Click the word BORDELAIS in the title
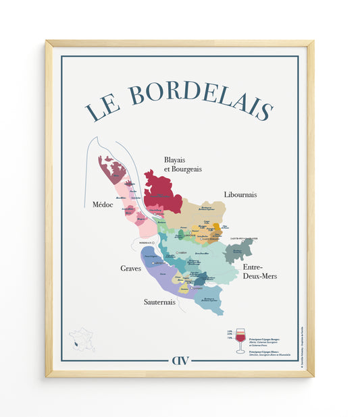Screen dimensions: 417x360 (x=201, y=98)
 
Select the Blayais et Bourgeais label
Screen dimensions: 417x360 (x=183, y=164)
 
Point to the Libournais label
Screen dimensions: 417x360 (x=240, y=194)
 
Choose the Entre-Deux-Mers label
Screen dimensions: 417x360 (x=260, y=271)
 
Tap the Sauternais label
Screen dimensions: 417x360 (x=159, y=302)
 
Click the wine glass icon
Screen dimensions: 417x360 (x=240, y=340)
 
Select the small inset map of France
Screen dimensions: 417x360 (x=82, y=339)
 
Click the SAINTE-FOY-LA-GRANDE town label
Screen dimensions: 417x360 (x=245, y=238)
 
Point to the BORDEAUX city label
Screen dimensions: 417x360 (x=147, y=242)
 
